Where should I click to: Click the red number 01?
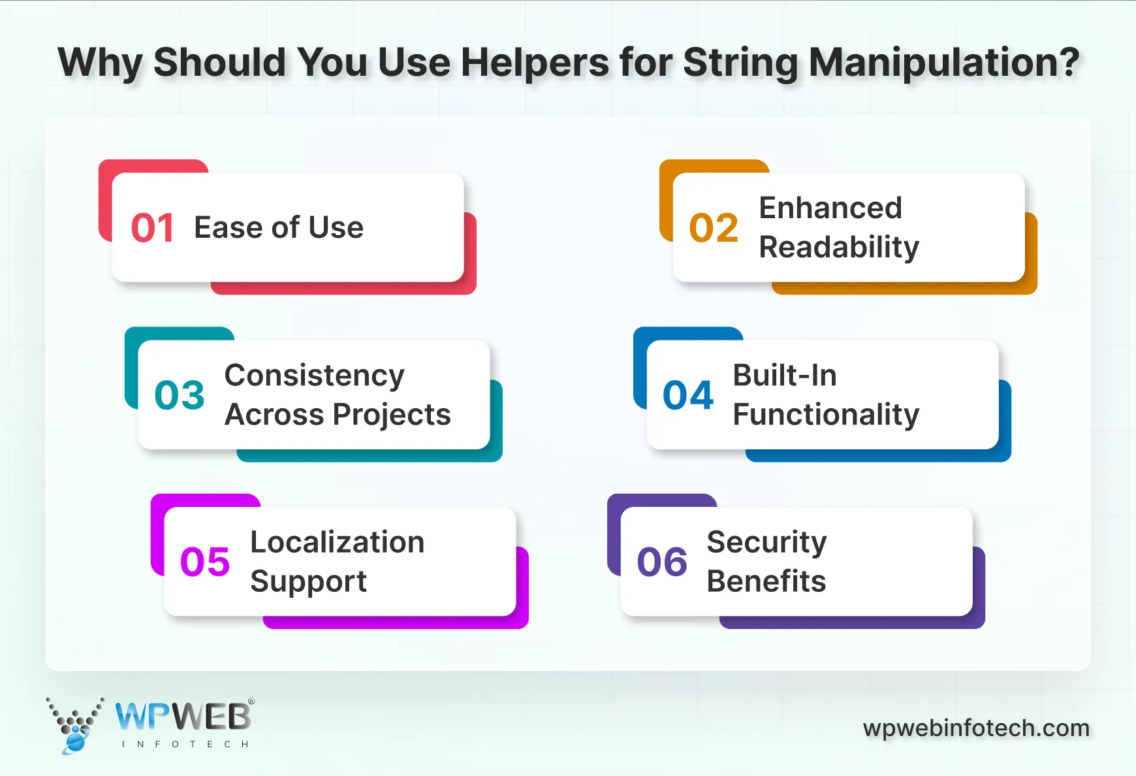pyautogui.click(x=152, y=228)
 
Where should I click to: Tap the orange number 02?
pyautogui.click(x=714, y=228)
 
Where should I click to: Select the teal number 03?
pyautogui.click(x=180, y=395)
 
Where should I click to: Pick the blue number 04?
pyautogui.click(x=688, y=395)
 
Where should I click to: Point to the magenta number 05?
pyautogui.click(x=205, y=562)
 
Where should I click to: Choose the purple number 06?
pyautogui.click(x=662, y=562)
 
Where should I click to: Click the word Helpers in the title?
pyautogui.click(x=534, y=63)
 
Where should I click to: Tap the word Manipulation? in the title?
pyautogui.click(x=944, y=63)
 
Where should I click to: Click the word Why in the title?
pyautogui.click(x=100, y=63)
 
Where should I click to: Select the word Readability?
pyautogui.click(x=839, y=248)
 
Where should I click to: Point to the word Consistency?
pyautogui.click(x=314, y=376)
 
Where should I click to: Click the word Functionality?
pyautogui.click(x=826, y=415)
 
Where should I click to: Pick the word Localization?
pyautogui.click(x=338, y=542)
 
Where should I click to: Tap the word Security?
pyautogui.click(x=766, y=542)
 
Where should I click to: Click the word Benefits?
pyautogui.click(x=766, y=581)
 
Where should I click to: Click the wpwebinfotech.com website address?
pyautogui.click(x=976, y=728)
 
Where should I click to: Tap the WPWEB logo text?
pyautogui.click(x=183, y=717)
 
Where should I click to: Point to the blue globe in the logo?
pyautogui.click(x=75, y=742)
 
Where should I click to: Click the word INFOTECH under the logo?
pyautogui.click(x=185, y=744)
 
